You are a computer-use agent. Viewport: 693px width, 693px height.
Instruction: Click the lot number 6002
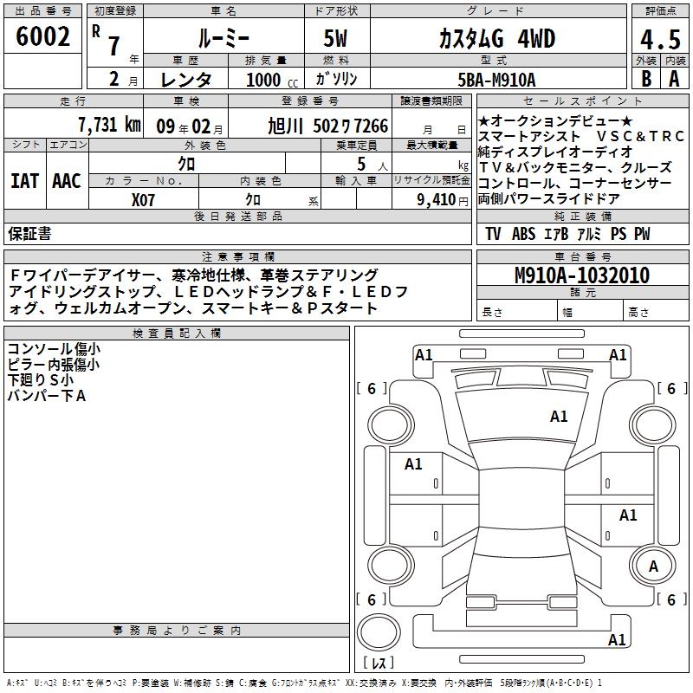coord(42,36)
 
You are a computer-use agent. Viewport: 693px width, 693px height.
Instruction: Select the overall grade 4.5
coord(660,39)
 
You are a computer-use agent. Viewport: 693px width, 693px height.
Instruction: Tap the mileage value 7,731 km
coord(109,125)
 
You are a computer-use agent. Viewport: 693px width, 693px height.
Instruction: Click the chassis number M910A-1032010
coord(582,275)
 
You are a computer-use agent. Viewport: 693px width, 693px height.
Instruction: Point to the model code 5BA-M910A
coord(496,80)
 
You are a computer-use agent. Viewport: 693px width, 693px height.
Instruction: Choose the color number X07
coord(143,200)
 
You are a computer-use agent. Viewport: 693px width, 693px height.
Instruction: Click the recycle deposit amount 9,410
coord(437,200)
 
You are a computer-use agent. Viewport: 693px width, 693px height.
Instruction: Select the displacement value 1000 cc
coord(272,80)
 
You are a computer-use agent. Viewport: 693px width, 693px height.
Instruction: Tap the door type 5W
coord(335,38)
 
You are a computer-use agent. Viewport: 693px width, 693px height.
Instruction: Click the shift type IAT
coord(24,181)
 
